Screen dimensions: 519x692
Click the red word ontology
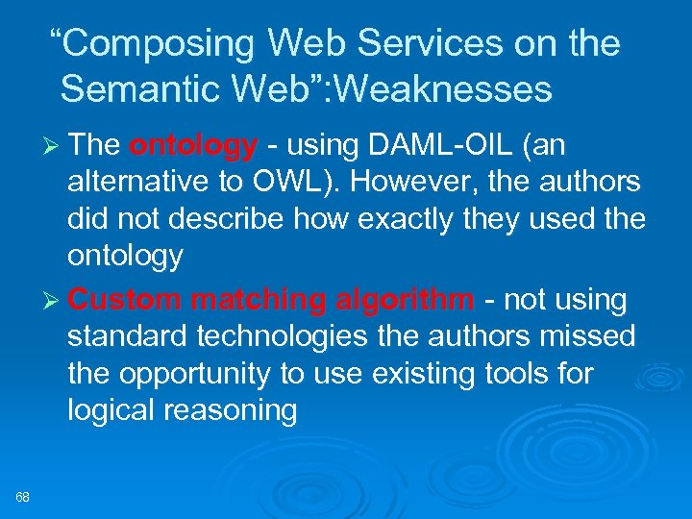tap(193, 146)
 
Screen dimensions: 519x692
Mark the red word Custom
tap(123, 300)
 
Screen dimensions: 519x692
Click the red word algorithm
tap(404, 300)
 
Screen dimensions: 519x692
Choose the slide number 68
tap(23, 497)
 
